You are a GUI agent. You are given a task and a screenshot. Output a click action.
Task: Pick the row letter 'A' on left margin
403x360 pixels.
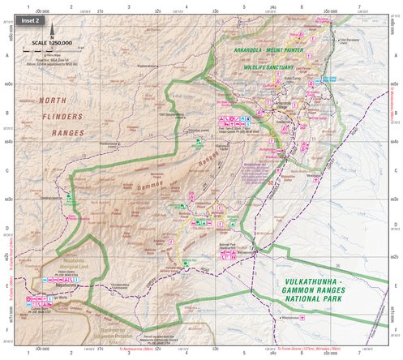(6, 55)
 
